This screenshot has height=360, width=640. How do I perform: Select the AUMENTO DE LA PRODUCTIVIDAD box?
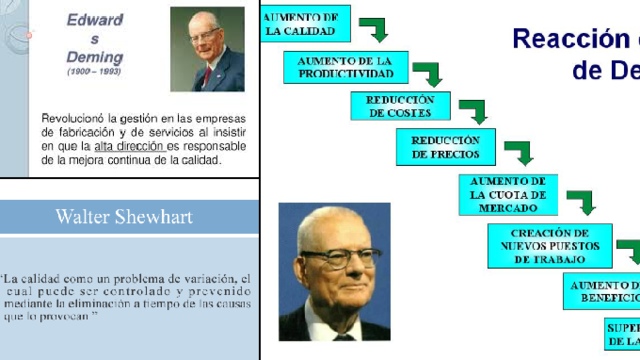click(338, 67)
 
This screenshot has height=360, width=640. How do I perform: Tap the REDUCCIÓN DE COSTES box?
click(400, 106)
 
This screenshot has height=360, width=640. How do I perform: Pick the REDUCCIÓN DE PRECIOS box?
click(445, 148)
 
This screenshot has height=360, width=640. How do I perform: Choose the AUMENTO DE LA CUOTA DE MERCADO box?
click(508, 194)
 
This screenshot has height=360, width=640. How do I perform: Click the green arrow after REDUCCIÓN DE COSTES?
click(472, 110)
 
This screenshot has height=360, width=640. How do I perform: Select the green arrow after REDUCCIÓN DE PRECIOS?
click(518, 153)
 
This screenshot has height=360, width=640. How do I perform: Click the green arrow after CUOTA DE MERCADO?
click(581, 202)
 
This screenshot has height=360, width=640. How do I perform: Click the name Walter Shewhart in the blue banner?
click(124, 216)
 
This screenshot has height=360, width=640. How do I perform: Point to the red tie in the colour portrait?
click(207, 76)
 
